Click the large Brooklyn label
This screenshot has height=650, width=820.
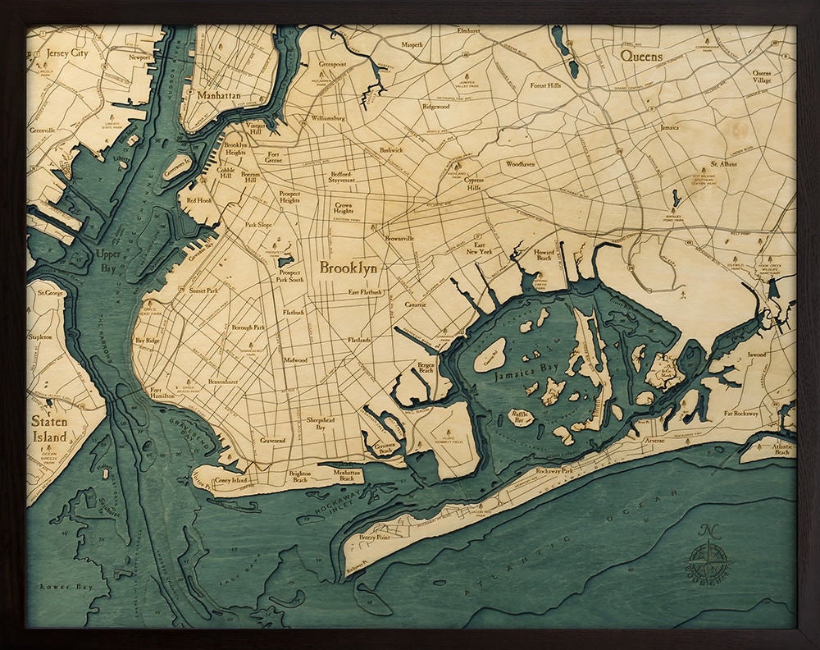click(x=348, y=268)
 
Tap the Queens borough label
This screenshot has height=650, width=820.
click(x=641, y=56)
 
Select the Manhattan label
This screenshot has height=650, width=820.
click(x=219, y=96)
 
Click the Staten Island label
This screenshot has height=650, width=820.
click(x=49, y=429)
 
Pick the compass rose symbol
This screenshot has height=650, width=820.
click(x=711, y=561)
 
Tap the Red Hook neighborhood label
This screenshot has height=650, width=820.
click(x=199, y=200)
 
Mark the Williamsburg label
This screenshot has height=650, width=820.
click(x=328, y=118)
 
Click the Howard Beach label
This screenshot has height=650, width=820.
click(x=544, y=256)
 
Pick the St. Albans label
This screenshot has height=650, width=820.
click(x=724, y=163)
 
